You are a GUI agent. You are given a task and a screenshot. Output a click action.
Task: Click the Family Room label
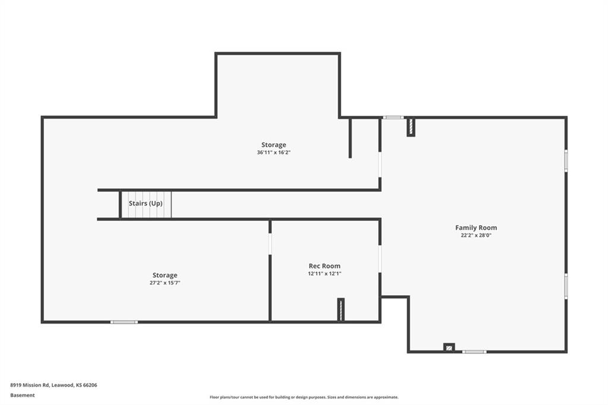pos(476,227)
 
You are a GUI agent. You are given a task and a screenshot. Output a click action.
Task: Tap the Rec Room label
pos(325,265)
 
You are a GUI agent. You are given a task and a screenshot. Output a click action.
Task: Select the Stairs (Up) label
pos(145,203)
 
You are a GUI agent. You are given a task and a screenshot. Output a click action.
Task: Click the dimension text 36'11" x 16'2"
pos(274,153)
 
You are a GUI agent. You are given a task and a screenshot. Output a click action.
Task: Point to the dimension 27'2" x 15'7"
pos(165,283)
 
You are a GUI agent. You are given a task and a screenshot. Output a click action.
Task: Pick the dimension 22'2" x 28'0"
pos(476,235)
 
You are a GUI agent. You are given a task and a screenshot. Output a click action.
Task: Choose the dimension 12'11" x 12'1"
pos(325,274)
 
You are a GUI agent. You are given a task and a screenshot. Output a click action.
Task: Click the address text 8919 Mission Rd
pos(30,385)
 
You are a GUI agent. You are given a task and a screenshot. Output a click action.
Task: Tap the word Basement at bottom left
pos(23,395)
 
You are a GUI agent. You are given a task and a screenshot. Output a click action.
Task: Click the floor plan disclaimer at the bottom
pos(304,397)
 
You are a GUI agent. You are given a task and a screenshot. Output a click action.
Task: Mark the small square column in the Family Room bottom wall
pos(449,347)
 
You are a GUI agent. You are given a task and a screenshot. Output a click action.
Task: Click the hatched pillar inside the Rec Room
pos(341,309)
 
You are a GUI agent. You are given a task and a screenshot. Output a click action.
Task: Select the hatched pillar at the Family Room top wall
pos(411,127)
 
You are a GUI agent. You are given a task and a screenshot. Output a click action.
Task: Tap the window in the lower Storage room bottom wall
pos(124,322)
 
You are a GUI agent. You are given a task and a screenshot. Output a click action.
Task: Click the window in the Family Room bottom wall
pos(474,352)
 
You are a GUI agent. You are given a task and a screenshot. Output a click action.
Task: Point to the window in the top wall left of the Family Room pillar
pos(393,118)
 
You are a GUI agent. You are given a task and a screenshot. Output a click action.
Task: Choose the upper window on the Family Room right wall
pos(566,160)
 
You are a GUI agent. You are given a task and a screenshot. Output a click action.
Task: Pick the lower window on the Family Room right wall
pos(566,286)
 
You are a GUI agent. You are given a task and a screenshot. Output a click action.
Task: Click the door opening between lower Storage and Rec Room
pos(270,244)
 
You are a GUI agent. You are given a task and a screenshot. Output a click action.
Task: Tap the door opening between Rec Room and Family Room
pos(380,259)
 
